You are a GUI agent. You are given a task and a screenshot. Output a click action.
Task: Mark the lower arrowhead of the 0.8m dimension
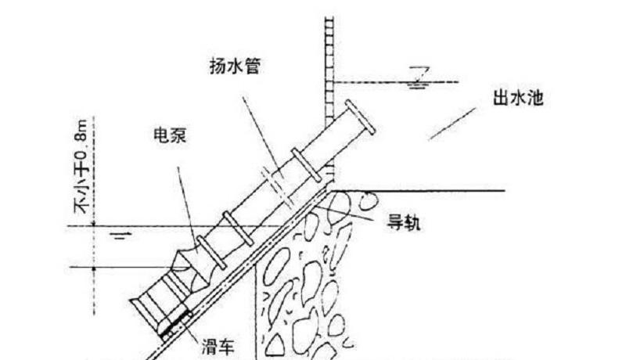click(92, 265)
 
